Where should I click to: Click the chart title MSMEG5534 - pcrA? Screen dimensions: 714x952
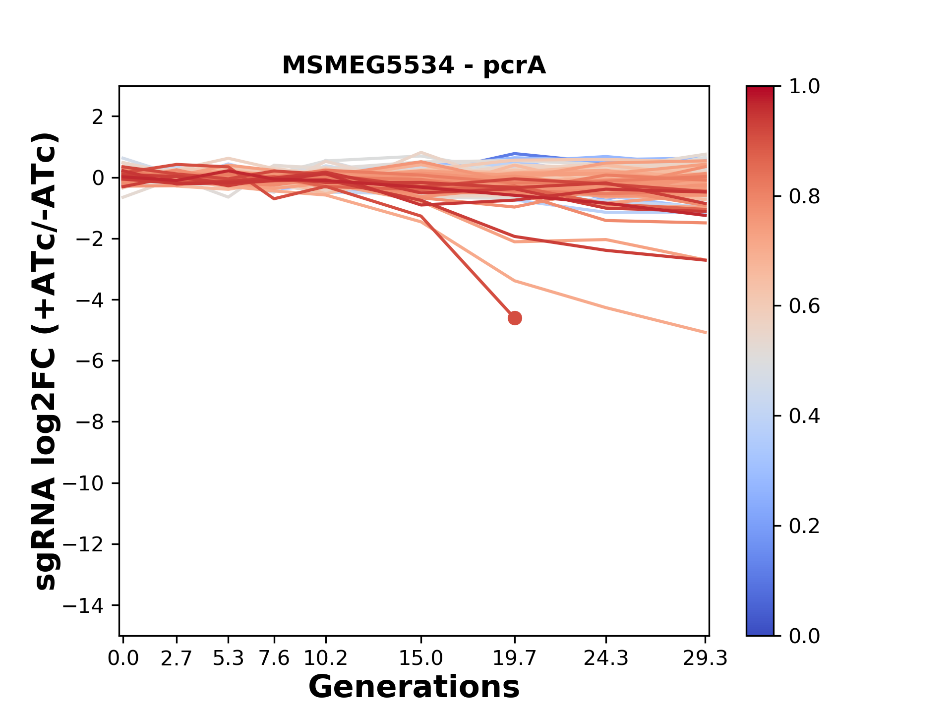point(414,65)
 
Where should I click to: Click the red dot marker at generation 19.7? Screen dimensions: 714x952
point(515,318)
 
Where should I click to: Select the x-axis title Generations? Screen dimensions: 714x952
point(414,687)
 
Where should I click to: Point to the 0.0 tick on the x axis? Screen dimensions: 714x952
point(123,658)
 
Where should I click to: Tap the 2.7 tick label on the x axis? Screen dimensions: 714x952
point(177,658)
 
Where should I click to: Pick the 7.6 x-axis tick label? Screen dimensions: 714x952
point(274,658)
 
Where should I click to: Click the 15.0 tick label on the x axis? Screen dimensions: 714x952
point(421,658)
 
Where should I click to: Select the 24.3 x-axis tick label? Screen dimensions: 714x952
point(606,658)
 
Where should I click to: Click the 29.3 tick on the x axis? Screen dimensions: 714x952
point(705,658)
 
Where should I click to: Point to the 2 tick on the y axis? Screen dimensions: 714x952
point(98,117)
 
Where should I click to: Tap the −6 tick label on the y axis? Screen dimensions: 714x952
point(90,361)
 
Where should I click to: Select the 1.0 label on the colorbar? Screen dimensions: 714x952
point(804,87)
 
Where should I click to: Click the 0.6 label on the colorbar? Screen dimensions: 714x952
point(804,306)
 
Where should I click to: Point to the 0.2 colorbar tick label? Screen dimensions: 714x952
point(804,526)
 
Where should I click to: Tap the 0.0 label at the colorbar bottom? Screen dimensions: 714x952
point(804,636)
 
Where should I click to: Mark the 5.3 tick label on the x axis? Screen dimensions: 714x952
point(228,658)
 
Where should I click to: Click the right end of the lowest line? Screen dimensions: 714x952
point(706,332)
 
